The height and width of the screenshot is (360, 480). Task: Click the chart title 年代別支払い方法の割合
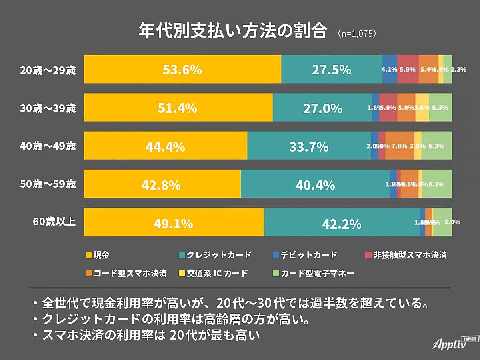(x=232, y=31)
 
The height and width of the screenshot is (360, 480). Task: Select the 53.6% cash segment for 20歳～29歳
(x=182, y=70)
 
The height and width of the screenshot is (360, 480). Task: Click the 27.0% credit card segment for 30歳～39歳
(x=322, y=108)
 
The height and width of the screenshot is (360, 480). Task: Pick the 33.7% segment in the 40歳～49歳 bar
(x=309, y=146)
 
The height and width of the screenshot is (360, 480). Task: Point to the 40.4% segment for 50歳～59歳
(x=315, y=184)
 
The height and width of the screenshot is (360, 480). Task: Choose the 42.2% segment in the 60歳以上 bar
(x=342, y=223)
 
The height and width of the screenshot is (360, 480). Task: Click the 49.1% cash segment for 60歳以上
(x=174, y=223)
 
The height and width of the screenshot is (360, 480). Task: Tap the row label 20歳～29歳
(x=48, y=70)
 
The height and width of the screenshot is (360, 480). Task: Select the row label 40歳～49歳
(x=48, y=146)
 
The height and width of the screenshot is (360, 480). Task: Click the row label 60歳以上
(x=54, y=222)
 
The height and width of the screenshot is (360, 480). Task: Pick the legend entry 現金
(x=98, y=255)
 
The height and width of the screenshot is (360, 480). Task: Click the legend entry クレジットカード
(x=214, y=255)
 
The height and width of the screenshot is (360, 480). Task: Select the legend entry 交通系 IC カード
(x=214, y=274)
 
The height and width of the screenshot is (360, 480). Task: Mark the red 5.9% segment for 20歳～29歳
(x=408, y=69)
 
